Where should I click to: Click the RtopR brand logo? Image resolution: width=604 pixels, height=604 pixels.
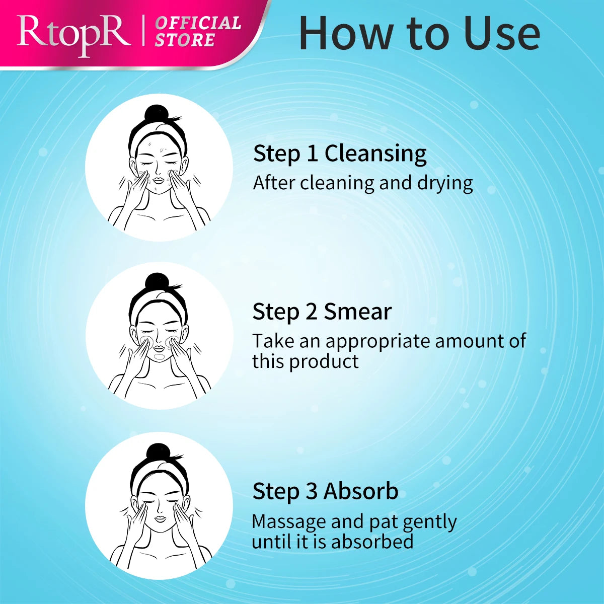[x=73, y=35]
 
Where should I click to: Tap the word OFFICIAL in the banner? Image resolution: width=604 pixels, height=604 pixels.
[x=198, y=24]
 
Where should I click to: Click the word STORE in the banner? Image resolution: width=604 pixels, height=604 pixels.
[x=185, y=40]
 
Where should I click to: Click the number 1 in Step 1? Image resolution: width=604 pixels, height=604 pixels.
[x=313, y=154]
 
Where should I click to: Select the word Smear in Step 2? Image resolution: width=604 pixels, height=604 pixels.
[x=358, y=312]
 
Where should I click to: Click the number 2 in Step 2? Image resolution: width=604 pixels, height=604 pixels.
[x=312, y=312]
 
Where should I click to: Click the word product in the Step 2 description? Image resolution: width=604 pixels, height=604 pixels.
[x=324, y=361]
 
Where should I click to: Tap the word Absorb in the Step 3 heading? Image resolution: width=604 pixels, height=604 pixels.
[x=361, y=491]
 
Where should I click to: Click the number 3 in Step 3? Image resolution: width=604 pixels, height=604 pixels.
[x=312, y=491]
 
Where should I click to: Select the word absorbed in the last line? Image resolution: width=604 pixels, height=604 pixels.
[x=372, y=541]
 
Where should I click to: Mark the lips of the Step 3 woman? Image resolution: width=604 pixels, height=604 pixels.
[x=160, y=519]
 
